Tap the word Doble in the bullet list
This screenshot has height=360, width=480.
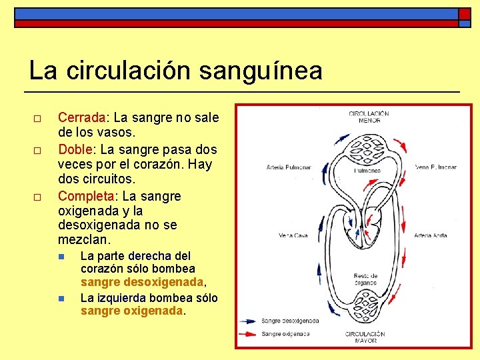click(x=73, y=149)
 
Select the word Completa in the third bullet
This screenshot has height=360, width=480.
click(x=86, y=196)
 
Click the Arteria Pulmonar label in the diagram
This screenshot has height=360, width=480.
click(x=289, y=167)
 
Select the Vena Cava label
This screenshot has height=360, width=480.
click(x=293, y=235)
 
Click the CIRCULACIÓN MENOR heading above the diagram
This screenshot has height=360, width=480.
click(x=369, y=117)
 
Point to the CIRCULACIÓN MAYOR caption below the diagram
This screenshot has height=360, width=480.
click(x=365, y=337)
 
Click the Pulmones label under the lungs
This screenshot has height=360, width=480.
click(x=367, y=171)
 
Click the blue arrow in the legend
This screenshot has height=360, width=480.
click(x=249, y=321)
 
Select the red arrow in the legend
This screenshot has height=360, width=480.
click(x=249, y=333)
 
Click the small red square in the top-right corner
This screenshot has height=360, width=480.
click(x=463, y=14)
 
